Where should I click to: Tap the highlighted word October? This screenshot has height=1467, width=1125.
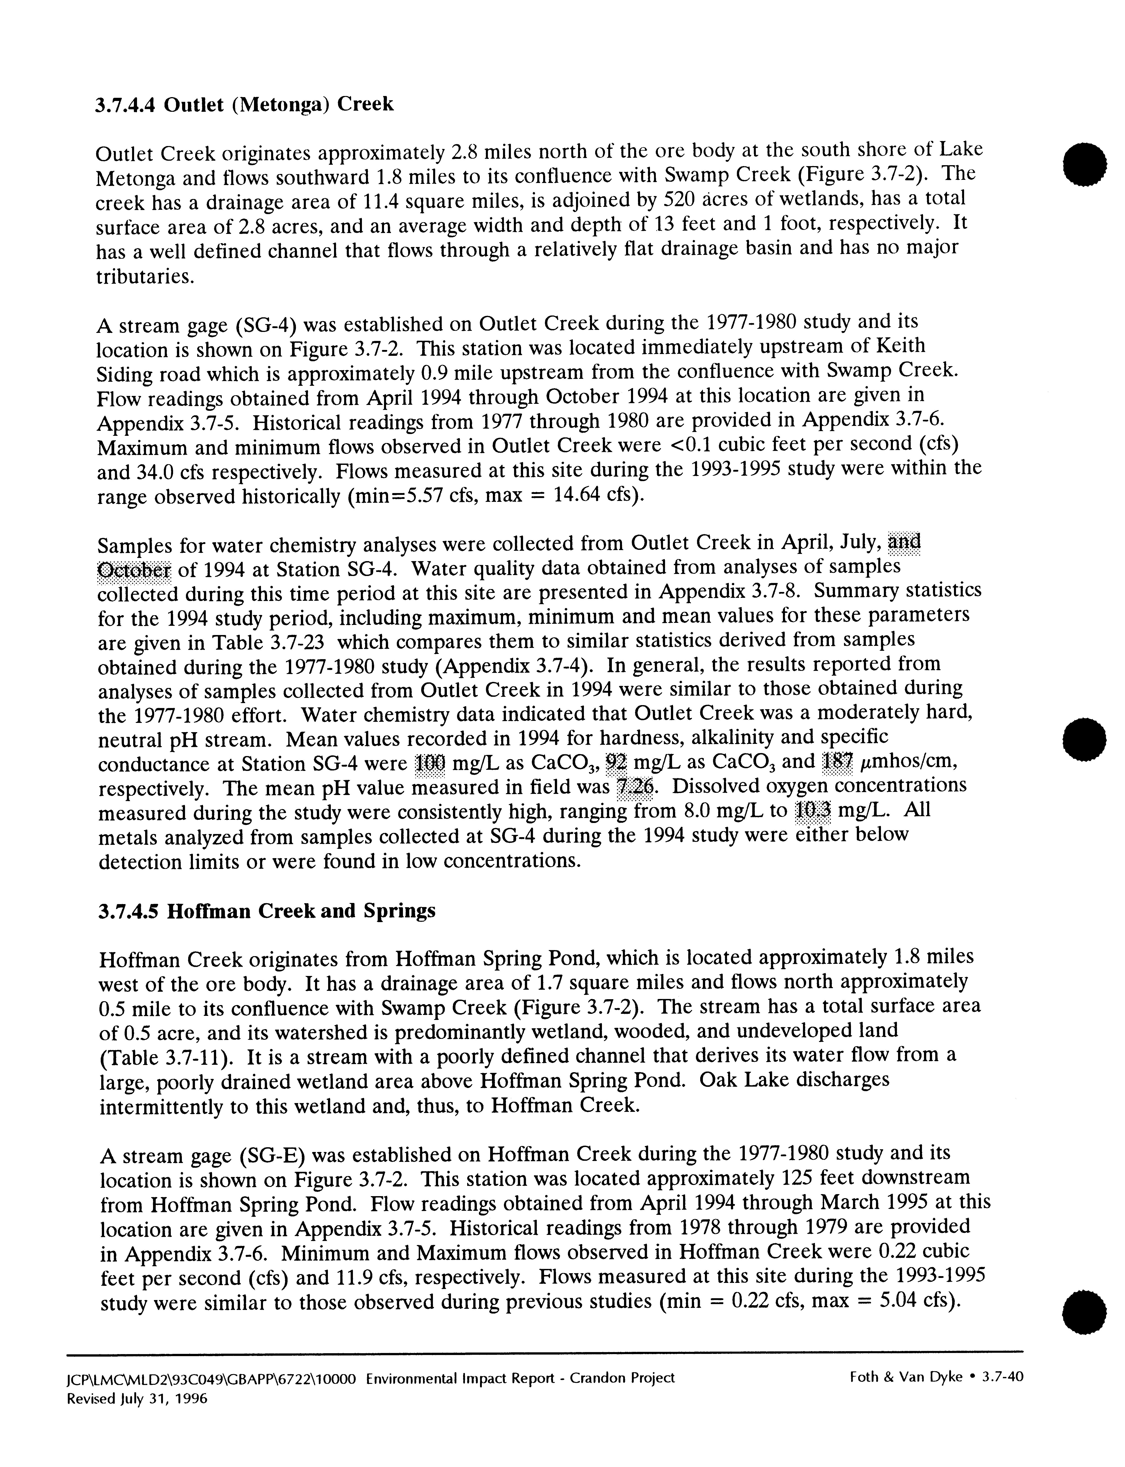point(134,570)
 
